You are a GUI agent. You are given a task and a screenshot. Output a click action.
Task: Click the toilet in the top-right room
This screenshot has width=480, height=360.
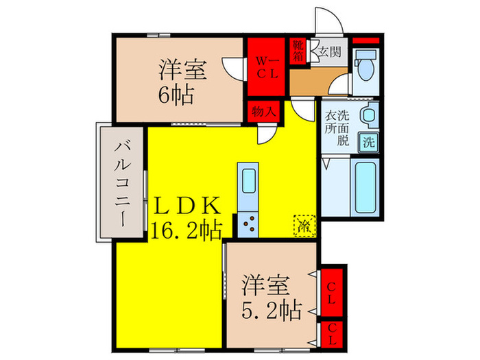[363, 69]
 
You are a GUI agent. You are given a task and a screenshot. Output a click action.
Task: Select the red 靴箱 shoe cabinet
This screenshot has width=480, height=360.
[298, 52]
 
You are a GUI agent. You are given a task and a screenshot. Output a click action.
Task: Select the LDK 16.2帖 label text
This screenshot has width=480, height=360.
[185, 217]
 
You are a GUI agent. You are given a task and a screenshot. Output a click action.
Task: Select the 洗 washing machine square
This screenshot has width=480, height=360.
[368, 143]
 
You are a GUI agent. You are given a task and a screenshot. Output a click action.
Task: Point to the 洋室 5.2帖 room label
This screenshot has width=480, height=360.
[271, 297]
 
